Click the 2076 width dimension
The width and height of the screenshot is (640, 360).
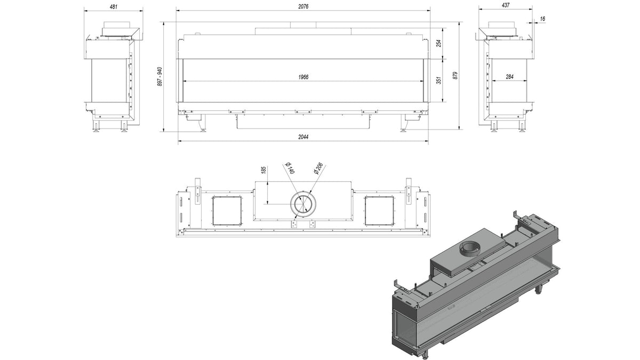coord(303,6)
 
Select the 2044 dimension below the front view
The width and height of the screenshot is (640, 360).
coord(303,137)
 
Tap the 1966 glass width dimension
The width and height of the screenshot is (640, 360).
coord(303,77)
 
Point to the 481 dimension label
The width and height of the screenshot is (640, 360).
coord(114,6)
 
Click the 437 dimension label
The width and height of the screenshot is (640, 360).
coord(506,5)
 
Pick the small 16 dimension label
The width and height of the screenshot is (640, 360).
coord(542,19)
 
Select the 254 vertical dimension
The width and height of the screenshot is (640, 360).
coord(439,43)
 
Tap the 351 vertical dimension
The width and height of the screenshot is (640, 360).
coord(439,81)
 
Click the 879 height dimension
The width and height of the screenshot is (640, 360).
coord(455,75)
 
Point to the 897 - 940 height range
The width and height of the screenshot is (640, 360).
coord(159,77)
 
